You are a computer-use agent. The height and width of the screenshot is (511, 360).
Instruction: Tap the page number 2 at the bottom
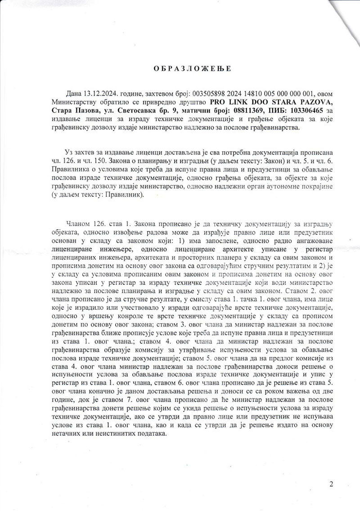click(332, 484)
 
